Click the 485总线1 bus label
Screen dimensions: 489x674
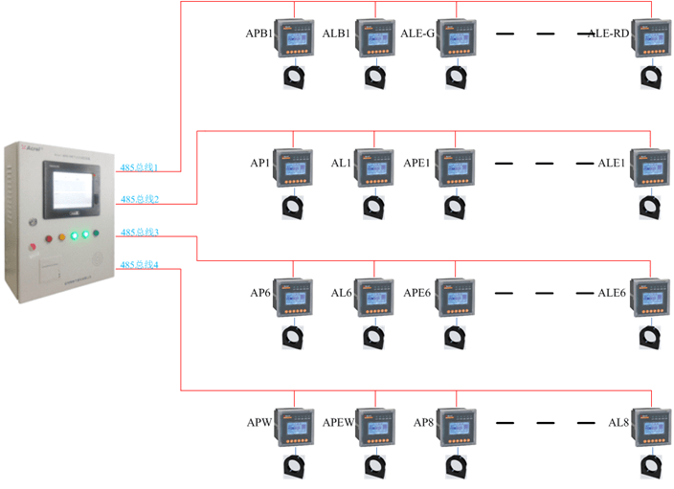(x=139, y=167)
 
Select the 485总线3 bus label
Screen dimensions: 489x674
(x=139, y=233)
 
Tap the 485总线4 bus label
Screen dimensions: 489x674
(x=139, y=264)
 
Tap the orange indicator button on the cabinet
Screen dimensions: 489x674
(x=62, y=235)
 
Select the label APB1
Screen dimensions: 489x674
(x=259, y=33)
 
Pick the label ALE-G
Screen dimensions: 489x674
(x=417, y=33)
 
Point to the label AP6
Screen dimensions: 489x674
(x=259, y=292)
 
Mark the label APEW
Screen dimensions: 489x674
(x=340, y=422)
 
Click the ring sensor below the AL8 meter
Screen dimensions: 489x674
(x=650, y=465)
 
